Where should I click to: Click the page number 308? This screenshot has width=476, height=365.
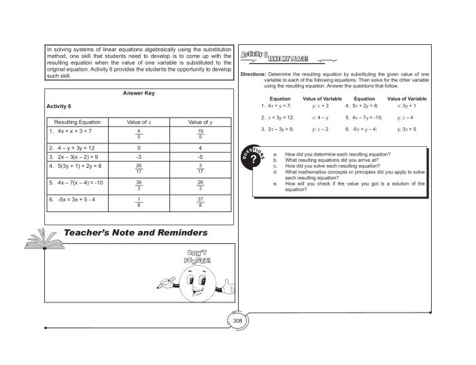click(x=237, y=321)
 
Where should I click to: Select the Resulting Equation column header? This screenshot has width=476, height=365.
click(x=76, y=121)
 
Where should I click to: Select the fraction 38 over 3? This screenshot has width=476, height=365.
click(x=138, y=186)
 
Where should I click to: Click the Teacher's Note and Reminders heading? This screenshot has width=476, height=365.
click(x=135, y=233)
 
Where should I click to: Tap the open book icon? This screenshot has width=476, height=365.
click(x=40, y=237)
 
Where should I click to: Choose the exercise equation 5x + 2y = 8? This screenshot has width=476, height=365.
click(x=364, y=106)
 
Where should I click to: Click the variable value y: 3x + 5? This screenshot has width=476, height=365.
click(x=407, y=128)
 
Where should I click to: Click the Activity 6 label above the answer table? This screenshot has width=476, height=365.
click(x=59, y=107)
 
